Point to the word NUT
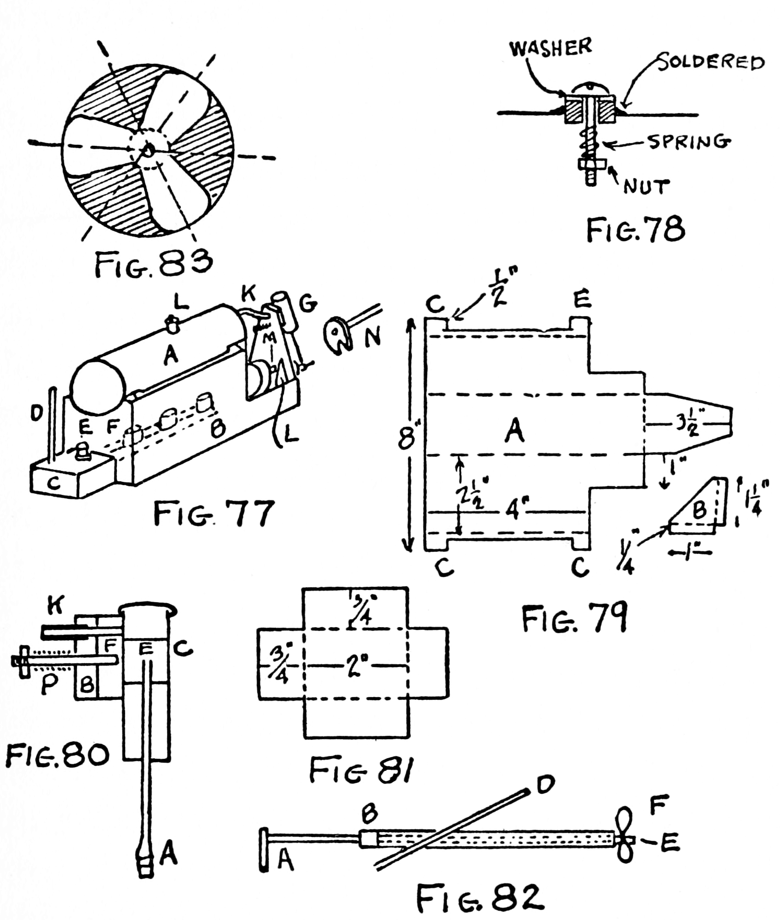[647, 187]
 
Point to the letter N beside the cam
[373, 338]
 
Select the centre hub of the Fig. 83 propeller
[147, 149]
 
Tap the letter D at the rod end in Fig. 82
[545, 785]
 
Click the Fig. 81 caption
[361, 771]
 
